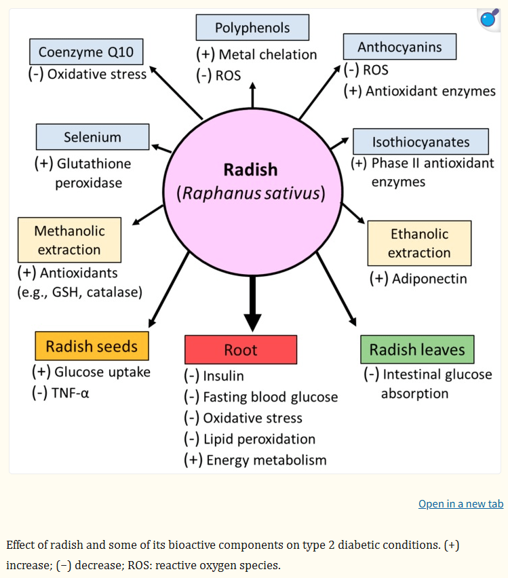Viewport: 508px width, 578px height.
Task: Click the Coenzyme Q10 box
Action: [x=86, y=52]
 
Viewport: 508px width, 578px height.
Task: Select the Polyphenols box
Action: [x=252, y=28]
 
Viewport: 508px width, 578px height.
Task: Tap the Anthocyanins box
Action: [x=399, y=47]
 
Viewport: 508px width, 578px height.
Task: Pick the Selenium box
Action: [x=92, y=137]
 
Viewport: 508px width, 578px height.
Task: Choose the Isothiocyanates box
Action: [x=421, y=142]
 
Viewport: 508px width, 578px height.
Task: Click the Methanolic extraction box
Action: [x=69, y=240]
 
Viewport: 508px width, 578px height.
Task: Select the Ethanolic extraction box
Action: [x=419, y=243]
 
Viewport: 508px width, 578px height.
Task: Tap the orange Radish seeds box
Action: [x=92, y=347]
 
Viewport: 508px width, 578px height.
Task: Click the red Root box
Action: [x=241, y=350]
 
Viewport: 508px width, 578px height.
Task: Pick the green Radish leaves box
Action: [x=417, y=350]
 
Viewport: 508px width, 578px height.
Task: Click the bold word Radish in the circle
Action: [x=251, y=169]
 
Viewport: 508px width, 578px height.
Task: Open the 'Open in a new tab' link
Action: [x=461, y=503]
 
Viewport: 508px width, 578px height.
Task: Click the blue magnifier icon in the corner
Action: [x=488, y=20]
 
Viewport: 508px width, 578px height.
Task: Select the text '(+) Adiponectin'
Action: [x=418, y=278]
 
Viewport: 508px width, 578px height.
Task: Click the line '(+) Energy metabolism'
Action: [x=255, y=460]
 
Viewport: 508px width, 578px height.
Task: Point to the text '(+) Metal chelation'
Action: [x=256, y=54]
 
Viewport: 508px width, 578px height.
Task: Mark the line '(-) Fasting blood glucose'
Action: [x=260, y=397]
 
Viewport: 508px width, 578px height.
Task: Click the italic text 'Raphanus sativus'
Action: [x=250, y=193]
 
